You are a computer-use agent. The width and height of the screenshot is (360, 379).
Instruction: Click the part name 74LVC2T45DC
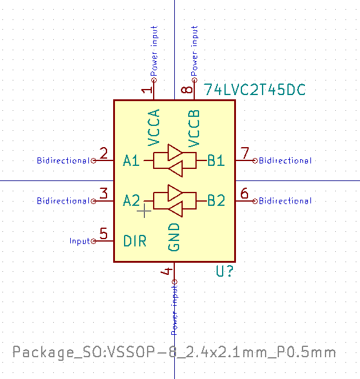[255, 90]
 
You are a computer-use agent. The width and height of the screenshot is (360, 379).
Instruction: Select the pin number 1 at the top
[146, 91]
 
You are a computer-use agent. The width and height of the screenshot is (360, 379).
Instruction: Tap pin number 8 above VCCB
[188, 91]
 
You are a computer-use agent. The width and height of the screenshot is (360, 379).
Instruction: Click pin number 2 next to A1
[104, 154]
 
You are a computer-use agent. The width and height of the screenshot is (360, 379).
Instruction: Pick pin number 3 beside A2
[104, 194]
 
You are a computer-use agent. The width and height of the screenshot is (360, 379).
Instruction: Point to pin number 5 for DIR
[104, 234]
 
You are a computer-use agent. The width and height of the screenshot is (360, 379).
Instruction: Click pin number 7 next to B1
[244, 154]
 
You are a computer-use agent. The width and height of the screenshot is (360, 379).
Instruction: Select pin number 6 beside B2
[244, 194]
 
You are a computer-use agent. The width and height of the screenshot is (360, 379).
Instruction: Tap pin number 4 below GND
[167, 272]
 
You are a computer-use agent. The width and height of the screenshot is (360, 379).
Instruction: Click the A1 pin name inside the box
[131, 161]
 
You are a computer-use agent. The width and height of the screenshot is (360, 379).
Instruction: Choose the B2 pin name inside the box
[216, 200]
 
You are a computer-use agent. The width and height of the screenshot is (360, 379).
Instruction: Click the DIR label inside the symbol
[135, 241]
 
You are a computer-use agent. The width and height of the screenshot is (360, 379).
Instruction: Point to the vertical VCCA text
[154, 128]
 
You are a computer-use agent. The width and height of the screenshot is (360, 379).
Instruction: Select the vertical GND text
[174, 237]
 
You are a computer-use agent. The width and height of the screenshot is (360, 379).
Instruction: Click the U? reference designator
[226, 272]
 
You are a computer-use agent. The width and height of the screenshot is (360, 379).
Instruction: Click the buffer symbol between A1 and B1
[175, 160]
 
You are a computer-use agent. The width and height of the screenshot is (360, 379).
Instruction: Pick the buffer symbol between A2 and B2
[175, 200]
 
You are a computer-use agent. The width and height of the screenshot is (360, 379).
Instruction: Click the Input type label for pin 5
[79, 241]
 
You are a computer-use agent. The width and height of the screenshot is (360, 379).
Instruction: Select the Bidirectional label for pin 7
[285, 161]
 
